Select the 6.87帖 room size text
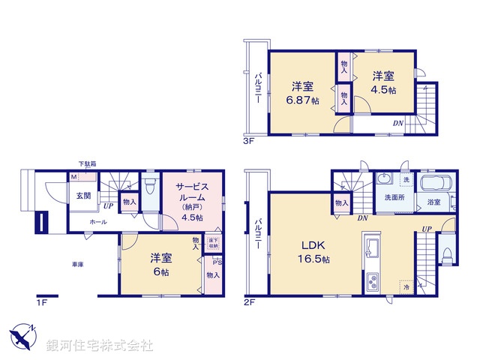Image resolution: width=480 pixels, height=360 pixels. coord(304,100)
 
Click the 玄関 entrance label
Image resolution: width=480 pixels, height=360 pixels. coord(82,196)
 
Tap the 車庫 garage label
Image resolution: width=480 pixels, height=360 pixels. coord(77,263)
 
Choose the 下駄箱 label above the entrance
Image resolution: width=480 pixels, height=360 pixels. coord(87,164)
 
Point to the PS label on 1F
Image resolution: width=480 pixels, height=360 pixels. coord(217,262)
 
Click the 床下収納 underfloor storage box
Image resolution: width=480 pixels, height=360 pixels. coord(213,244)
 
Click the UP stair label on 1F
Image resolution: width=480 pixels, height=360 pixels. coord(109,205)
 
